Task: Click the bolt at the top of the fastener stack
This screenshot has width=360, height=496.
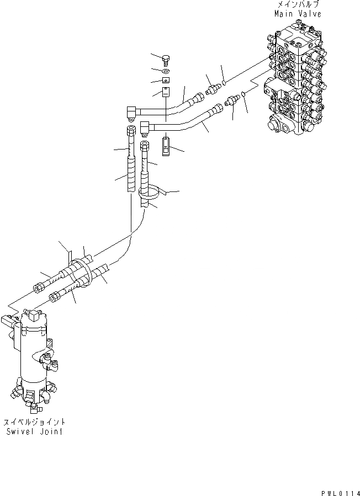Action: pyautogui.click(x=166, y=59)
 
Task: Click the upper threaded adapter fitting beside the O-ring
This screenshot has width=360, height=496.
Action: pyautogui.click(x=212, y=88)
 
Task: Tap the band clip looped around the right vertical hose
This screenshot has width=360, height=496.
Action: pyautogui.click(x=150, y=193)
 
